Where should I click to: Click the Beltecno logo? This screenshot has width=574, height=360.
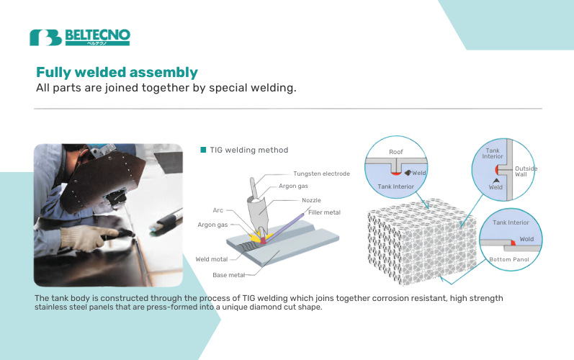click(x=79, y=37)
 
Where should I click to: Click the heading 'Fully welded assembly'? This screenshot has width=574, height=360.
click(x=117, y=73)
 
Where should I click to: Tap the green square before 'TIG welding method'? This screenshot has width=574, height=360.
click(x=203, y=150)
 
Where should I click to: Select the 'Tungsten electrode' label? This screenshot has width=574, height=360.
click(x=321, y=174)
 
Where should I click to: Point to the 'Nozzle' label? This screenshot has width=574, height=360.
click(x=311, y=200)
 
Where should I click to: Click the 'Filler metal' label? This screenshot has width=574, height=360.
click(x=323, y=212)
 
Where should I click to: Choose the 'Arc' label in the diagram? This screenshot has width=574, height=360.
click(x=218, y=210)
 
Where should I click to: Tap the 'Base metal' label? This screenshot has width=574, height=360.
click(x=229, y=275)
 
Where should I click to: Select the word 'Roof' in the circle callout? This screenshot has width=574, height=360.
click(x=396, y=152)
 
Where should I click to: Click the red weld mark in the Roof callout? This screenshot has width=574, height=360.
click(x=396, y=173)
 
